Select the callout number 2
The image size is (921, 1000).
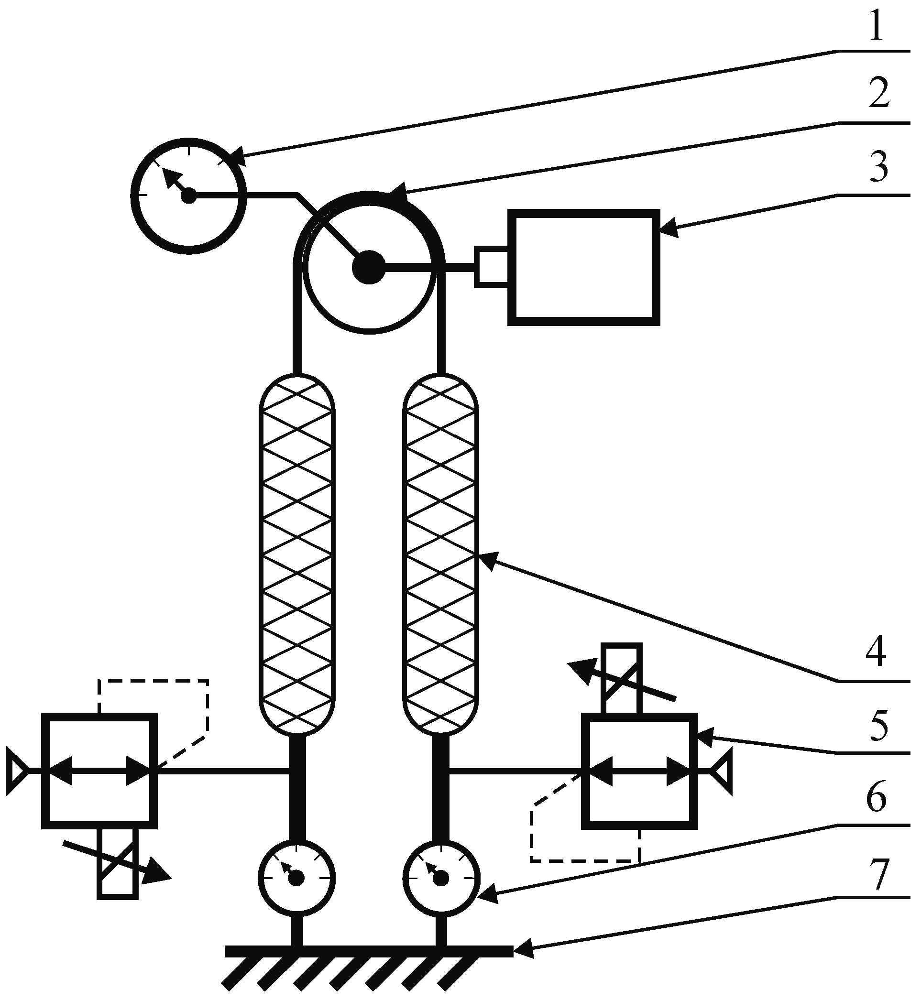pos(879,94)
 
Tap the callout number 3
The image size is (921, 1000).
pos(879,167)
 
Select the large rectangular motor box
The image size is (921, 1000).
pos(583,268)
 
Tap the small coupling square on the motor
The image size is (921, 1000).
pos(492,267)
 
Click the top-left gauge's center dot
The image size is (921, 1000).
pos(189,196)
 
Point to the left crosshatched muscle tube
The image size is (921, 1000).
pos(297,553)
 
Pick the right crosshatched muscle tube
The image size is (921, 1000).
pos(440,553)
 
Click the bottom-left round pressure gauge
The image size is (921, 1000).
pos(296,878)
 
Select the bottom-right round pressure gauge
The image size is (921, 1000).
pos(441,878)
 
